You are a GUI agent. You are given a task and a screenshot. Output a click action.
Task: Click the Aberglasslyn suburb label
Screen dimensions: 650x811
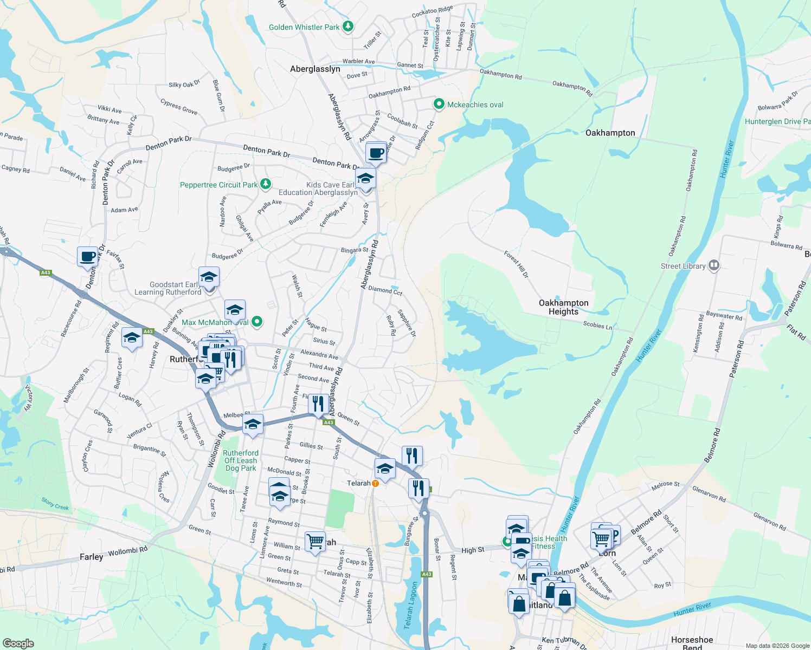pyautogui.click(x=315, y=69)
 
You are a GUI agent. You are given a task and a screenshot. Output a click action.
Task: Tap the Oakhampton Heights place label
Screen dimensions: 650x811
pyautogui.click(x=563, y=307)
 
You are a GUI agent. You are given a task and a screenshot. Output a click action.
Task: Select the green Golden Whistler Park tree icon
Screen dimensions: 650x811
pyautogui.click(x=348, y=26)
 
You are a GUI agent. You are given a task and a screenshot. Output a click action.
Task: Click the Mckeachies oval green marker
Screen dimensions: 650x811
pyautogui.click(x=440, y=104)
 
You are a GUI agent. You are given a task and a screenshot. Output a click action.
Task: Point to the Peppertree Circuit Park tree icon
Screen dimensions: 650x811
pyautogui.click(x=265, y=184)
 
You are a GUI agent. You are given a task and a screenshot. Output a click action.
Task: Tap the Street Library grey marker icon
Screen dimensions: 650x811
pyautogui.click(x=714, y=265)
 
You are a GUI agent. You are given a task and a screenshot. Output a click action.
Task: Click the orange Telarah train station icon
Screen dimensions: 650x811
pyautogui.click(x=375, y=483)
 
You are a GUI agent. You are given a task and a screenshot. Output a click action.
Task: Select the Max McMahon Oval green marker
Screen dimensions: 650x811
pyautogui.click(x=258, y=322)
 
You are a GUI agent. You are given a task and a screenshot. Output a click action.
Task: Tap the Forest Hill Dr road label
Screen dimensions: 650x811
pyautogui.click(x=516, y=264)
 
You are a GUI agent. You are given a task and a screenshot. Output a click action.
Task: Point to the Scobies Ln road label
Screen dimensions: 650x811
pyautogui.click(x=597, y=326)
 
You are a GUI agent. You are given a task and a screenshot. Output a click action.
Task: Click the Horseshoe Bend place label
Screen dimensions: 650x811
pyautogui.click(x=692, y=643)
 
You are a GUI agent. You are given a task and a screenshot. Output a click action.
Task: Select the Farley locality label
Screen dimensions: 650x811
pyautogui.click(x=91, y=557)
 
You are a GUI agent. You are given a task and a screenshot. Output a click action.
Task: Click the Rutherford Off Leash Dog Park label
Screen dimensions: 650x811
pyautogui.click(x=241, y=460)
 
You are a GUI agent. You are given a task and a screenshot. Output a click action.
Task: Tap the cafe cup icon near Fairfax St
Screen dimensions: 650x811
pyautogui.click(x=87, y=257)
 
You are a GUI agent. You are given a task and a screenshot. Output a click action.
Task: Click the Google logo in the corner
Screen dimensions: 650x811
pyautogui.click(x=18, y=643)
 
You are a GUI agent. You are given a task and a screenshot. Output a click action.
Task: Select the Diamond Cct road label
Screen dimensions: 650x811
pyautogui.click(x=385, y=290)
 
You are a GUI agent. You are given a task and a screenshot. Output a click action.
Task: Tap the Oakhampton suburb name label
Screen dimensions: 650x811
pyautogui.click(x=610, y=133)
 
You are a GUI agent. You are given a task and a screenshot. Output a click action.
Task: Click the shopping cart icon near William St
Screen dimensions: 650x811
pyautogui.click(x=315, y=541)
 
